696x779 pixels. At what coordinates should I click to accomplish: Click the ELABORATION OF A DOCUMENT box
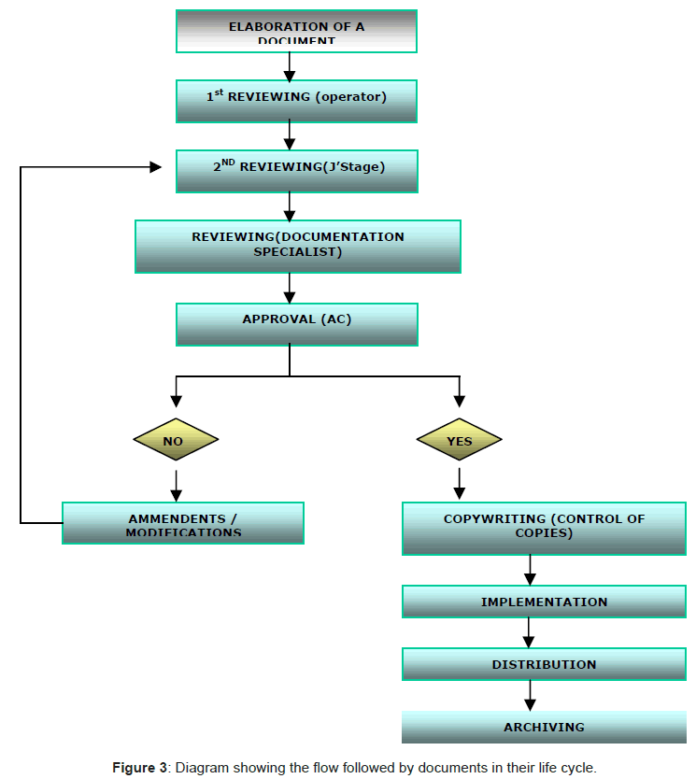point(296,32)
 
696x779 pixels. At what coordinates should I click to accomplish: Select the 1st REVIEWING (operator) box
point(296,101)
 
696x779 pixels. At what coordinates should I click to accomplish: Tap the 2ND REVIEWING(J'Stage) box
point(296,172)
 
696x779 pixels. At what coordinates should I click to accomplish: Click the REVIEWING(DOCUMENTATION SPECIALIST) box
point(297,246)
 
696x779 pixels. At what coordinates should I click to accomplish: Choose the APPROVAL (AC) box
point(296,323)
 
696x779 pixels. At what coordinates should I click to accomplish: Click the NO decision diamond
point(176,440)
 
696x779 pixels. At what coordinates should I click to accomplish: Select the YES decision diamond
point(459,440)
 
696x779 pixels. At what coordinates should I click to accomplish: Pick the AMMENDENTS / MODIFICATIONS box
point(183,523)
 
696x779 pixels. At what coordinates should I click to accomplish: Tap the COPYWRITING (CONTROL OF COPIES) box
point(544,529)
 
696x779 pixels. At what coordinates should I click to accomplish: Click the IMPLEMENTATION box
point(544,602)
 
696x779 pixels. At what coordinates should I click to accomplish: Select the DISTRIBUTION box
point(544,664)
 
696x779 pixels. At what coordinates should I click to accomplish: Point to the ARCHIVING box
point(544,727)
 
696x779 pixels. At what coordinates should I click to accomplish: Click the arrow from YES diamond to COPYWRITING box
point(459,483)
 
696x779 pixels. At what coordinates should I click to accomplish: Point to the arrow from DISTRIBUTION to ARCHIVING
point(530,696)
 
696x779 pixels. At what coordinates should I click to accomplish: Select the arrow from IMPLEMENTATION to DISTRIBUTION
point(530,633)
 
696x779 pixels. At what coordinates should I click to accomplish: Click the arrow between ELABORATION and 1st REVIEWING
point(290,66)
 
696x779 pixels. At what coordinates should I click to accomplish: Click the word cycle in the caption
point(576,768)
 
